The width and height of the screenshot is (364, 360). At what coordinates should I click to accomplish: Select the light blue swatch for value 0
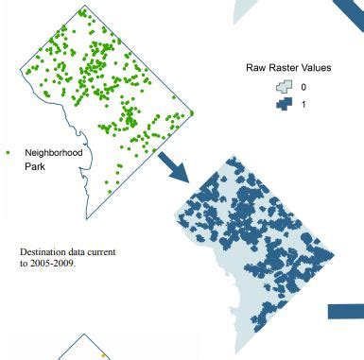point(282,87)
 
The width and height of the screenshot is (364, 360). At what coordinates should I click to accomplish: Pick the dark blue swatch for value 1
point(282,103)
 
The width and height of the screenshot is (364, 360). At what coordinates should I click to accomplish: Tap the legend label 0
point(303,87)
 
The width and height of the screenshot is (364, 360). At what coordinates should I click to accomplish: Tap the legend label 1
point(303,104)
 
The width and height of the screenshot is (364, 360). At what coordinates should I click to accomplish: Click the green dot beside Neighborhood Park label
point(8,152)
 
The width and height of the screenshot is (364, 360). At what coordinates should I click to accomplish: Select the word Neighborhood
point(54,152)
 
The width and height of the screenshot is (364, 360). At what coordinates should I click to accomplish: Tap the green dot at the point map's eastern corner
point(191,113)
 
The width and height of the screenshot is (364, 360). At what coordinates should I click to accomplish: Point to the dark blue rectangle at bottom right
point(346,311)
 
